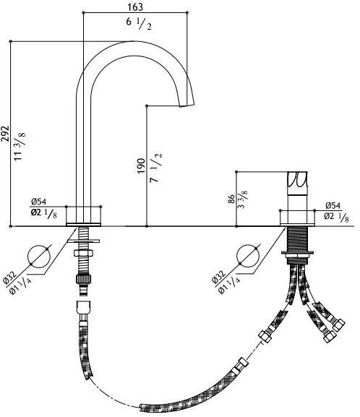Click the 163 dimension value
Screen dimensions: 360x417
[x=135, y=7]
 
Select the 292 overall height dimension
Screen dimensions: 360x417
[x=5, y=134]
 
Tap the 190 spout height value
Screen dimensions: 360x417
[x=141, y=165]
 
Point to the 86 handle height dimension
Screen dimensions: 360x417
[x=231, y=199]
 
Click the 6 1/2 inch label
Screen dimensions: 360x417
[x=139, y=24]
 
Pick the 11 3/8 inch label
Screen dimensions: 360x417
[x=20, y=146]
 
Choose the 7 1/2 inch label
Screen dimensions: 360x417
[x=155, y=168]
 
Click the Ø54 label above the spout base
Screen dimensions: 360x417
[x=38, y=202]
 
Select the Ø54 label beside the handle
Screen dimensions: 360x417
[x=333, y=205]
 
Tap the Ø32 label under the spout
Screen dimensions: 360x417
[x=10, y=278]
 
